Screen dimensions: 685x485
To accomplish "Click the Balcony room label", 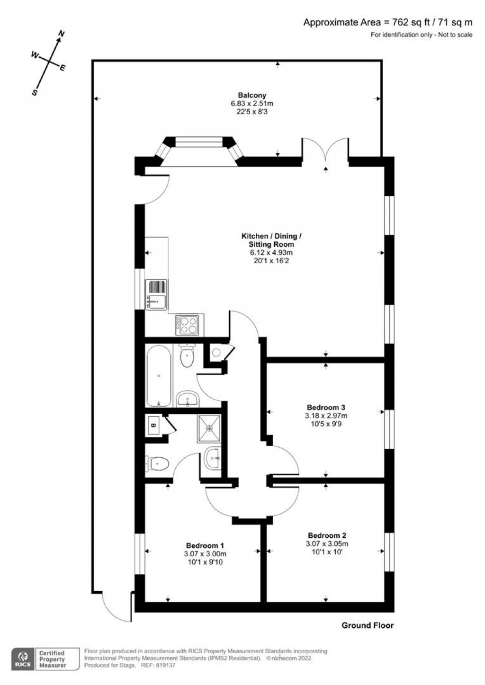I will pyautogui.click(x=252, y=95).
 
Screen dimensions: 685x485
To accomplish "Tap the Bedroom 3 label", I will pyautogui.click(x=326, y=407).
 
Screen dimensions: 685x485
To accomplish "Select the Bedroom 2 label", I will pyautogui.click(x=326, y=535).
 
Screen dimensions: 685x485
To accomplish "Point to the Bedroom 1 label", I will pyautogui.click(x=205, y=545).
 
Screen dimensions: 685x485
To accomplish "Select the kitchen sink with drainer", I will pyautogui.click(x=156, y=295).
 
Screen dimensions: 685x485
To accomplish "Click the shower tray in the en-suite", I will pyautogui.click(x=209, y=427).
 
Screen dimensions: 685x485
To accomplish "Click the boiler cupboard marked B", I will pyautogui.click(x=153, y=425).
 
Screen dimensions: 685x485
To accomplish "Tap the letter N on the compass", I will pyautogui.click(x=61, y=34).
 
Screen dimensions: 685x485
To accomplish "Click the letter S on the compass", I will pyautogui.click(x=34, y=93).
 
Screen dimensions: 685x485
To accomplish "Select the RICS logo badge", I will pyautogui.click(x=22, y=659).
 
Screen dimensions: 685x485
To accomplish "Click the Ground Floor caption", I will pyautogui.click(x=368, y=625).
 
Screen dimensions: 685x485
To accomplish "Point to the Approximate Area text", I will pyautogui.click(x=387, y=22).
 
